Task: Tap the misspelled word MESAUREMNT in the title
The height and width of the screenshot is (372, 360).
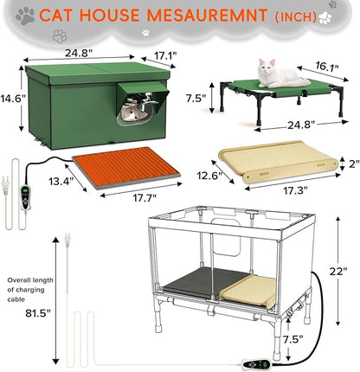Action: coord(211,16)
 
